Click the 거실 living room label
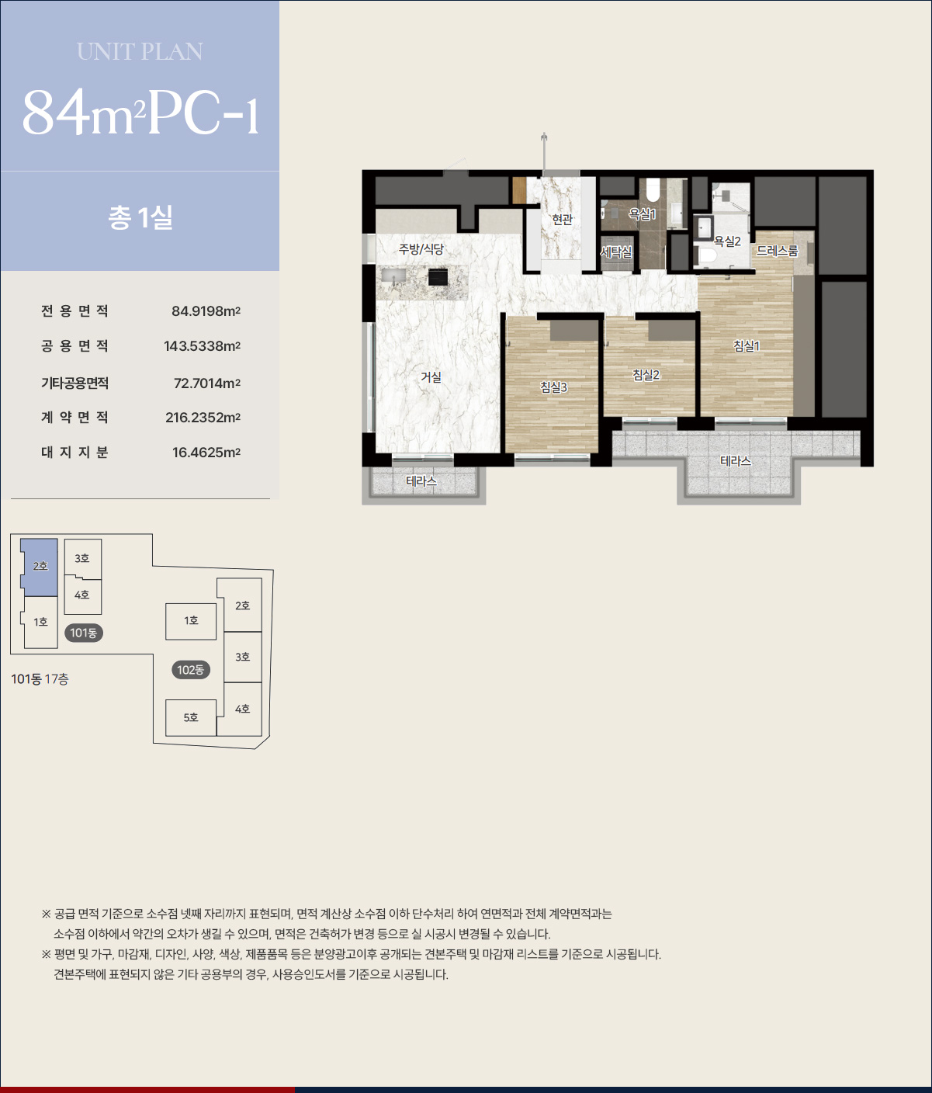(x=431, y=377)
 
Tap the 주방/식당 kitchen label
(x=421, y=249)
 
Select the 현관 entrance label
(x=562, y=220)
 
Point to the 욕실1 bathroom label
(x=643, y=214)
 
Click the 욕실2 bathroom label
(x=727, y=241)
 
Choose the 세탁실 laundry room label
(x=616, y=252)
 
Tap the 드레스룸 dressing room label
(x=777, y=251)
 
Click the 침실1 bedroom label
(x=747, y=345)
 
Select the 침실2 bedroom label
(x=646, y=375)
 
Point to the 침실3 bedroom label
(x=553, y=387)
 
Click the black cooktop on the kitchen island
(x=438, y=276)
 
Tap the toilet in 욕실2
(x=706, y=256)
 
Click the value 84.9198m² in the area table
(x=206, y=311)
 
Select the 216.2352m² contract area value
(x=203, y=417)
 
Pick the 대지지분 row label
(x=74, y=452)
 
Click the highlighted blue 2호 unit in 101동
(x=39, y=567)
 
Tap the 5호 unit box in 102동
(x=191, y=717)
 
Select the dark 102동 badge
(x=191, y=670)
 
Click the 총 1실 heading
(x=140, y=217)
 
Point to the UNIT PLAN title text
(x=140, y=52)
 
